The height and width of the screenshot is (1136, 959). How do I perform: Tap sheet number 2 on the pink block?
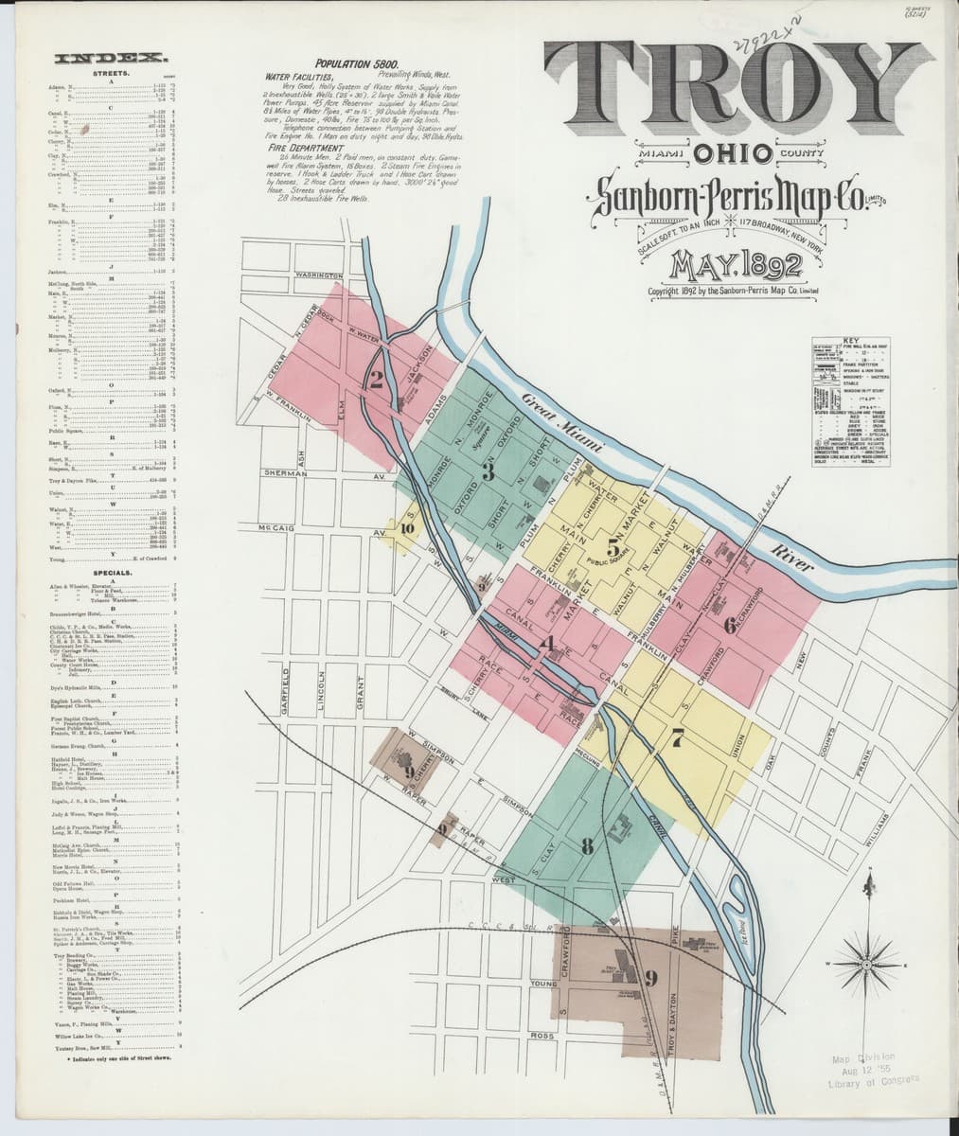(377, 382)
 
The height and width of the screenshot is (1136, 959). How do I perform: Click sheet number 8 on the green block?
(588, 846)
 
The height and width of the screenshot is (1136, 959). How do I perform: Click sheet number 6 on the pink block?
(729, 625)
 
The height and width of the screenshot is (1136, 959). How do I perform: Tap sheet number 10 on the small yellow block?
(407, 529)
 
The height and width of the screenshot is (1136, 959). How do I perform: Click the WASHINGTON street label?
(319, 275)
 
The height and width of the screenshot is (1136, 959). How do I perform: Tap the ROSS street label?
(542, 1037)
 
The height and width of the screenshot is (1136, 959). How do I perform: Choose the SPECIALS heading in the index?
(117, 574)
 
